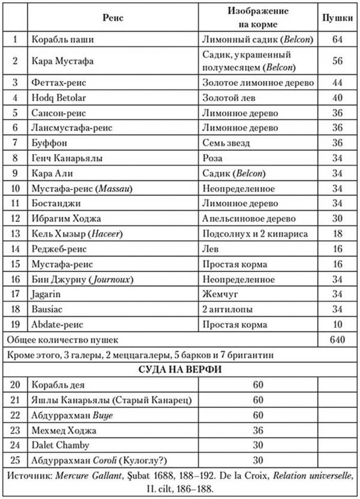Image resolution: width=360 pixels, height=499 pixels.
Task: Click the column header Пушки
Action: [x=337, y=18]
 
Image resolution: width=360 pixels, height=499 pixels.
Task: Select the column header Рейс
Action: [x=114, y=18]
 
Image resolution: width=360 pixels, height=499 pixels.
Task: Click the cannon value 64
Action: [x=337, y=40]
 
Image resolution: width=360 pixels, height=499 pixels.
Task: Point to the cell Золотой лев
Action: [x=229, y=98]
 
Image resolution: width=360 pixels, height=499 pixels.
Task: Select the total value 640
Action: [x=337, y=340]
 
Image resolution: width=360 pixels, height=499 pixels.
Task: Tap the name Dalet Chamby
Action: [x=60, y=445]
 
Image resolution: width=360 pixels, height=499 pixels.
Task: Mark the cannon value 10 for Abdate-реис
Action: [x=337, y=325]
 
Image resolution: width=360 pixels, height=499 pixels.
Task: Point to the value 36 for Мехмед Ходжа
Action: [x=259, y=431]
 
